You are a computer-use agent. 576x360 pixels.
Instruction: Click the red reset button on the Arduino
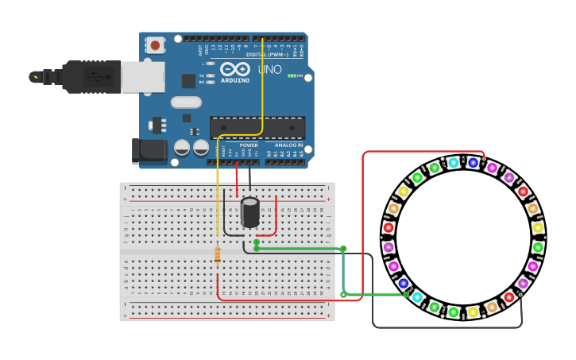pos(155,45)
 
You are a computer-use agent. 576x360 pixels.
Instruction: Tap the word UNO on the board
pos(269,70)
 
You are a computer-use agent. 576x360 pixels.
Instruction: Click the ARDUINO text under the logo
pos(235,80)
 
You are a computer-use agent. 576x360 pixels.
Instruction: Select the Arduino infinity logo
pos(235,69)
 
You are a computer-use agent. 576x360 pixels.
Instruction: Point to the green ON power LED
pos(292,75)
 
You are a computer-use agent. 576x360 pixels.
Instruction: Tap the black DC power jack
pos(149,151)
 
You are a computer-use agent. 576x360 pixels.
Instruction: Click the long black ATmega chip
pos(257,127)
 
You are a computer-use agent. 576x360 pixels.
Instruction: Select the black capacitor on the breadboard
pos(250,212)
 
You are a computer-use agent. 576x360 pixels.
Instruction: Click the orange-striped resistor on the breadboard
pos(218,254)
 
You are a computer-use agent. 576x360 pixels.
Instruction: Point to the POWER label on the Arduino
pos(249,145)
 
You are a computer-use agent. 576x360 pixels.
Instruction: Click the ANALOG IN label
pos(288,145)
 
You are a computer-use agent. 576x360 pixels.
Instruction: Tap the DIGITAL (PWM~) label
pos(267,55)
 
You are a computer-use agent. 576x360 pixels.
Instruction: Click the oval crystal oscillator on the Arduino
pos(186,102)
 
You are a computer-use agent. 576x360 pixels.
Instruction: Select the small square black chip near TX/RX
pos(188,81)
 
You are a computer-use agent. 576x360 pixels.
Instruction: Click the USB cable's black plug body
pos(92,76)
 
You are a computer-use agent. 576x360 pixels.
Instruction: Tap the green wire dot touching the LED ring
pos(406,295)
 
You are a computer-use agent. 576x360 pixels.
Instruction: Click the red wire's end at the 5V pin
pos(236,163)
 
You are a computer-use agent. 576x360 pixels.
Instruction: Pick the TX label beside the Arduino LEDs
pos(201,75)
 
